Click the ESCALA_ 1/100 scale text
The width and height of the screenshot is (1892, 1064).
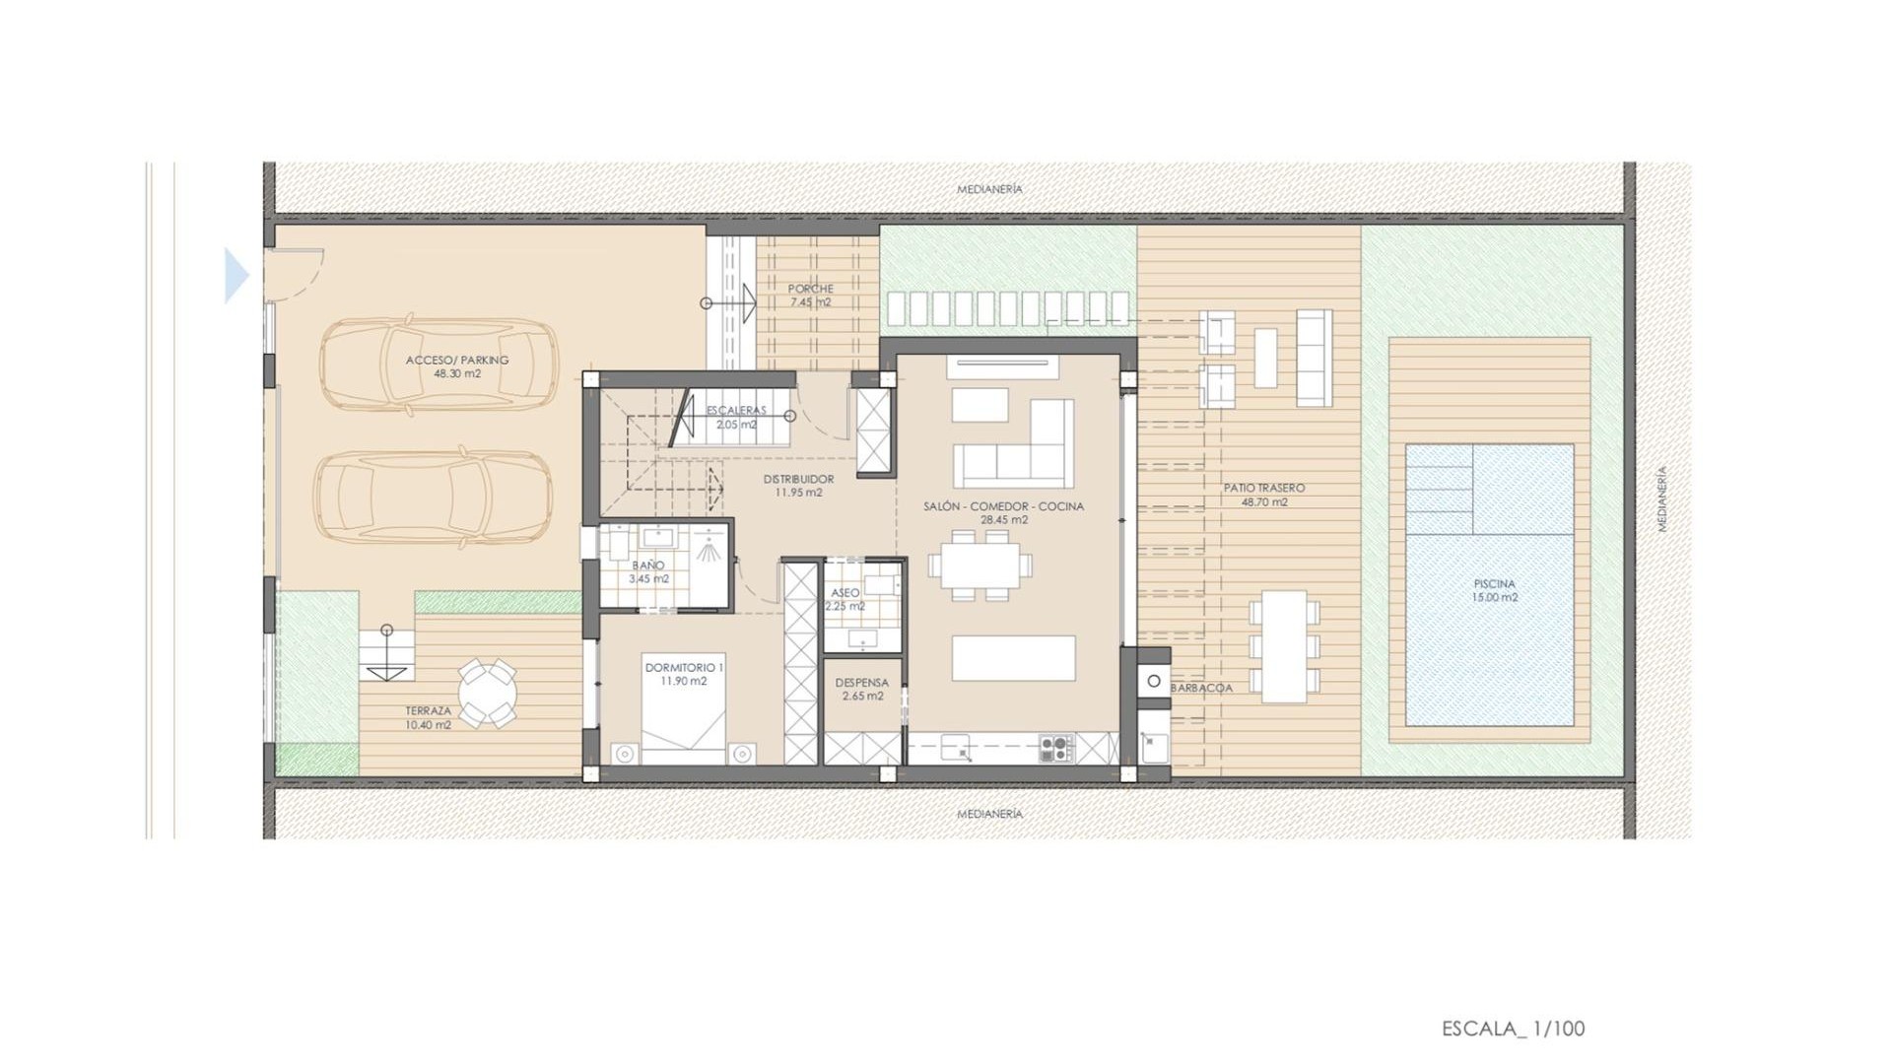(1513, 1029)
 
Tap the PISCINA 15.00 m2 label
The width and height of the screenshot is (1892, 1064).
(1494, 590)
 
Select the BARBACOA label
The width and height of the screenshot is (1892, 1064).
(1201, 688)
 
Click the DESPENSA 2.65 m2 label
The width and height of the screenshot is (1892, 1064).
(861, 689)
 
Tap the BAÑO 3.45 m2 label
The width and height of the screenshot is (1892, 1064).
(648, 571)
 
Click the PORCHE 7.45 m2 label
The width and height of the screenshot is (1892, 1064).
(810, 296)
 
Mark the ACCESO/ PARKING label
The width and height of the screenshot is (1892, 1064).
(457, 366)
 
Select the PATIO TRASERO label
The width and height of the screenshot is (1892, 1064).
(1264, 495)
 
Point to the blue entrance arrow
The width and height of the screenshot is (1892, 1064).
(236, 275)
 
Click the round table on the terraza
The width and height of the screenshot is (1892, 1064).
(487, 693)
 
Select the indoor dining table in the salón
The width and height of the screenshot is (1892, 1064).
(980, 565)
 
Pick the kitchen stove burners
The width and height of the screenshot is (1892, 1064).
(1056, 748)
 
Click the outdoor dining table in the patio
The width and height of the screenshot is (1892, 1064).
(1284, 645)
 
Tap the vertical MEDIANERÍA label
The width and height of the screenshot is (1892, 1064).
(1662, 499)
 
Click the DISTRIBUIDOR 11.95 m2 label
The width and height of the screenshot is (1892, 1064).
(798, 486)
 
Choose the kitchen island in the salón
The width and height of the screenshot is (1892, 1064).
(1013, 658)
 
